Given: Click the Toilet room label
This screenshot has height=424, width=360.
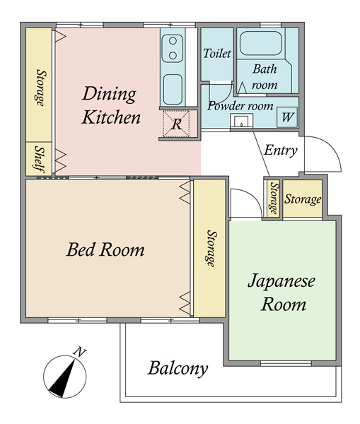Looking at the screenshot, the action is click(217, 53).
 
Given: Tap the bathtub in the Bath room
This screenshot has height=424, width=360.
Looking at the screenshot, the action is click(261, 43).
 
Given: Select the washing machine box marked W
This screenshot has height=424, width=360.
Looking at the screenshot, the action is click(287, 117).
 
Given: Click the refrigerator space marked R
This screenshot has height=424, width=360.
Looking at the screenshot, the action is click(176, 124).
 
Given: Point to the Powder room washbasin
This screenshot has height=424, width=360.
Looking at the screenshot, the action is click(241, 121).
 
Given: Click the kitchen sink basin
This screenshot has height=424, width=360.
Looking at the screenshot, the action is click(173, 90).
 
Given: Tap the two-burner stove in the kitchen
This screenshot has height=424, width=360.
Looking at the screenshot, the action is click(173, 49).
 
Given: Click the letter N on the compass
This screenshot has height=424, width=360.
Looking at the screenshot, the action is click(80, 352).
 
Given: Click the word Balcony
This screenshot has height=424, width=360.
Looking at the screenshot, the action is click(178, 368).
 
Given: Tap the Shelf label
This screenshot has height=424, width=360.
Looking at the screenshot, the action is click(40, 159).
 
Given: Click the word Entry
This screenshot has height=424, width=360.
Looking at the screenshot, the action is click(281, 151).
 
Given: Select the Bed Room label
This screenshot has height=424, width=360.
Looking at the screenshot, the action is click(105, 249).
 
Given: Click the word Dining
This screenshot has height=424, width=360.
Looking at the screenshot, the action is click(109, 94).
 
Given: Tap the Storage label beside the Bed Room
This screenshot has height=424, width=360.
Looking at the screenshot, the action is click(211, 248).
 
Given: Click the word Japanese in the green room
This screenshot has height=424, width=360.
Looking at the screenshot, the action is click(281, 281).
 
